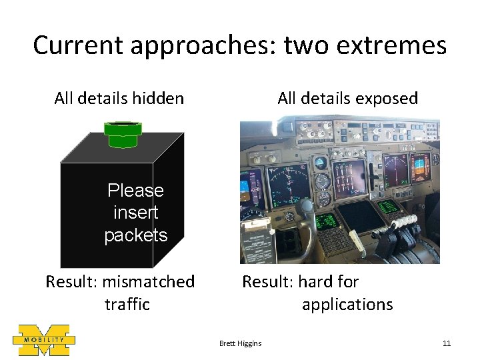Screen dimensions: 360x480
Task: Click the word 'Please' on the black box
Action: point(135,191)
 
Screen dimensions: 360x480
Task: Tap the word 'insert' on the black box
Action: point(135,213)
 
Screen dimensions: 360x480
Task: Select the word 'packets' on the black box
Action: point(135,235)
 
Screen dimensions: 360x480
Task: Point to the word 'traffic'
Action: point(127,304)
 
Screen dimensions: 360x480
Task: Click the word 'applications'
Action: point(347,304)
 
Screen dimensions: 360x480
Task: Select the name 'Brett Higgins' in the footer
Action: point(241,343)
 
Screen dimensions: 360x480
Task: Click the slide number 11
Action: point(447,343)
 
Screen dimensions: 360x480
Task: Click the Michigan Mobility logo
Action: point(43,340)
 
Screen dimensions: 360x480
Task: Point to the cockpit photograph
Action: point(340,191)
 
